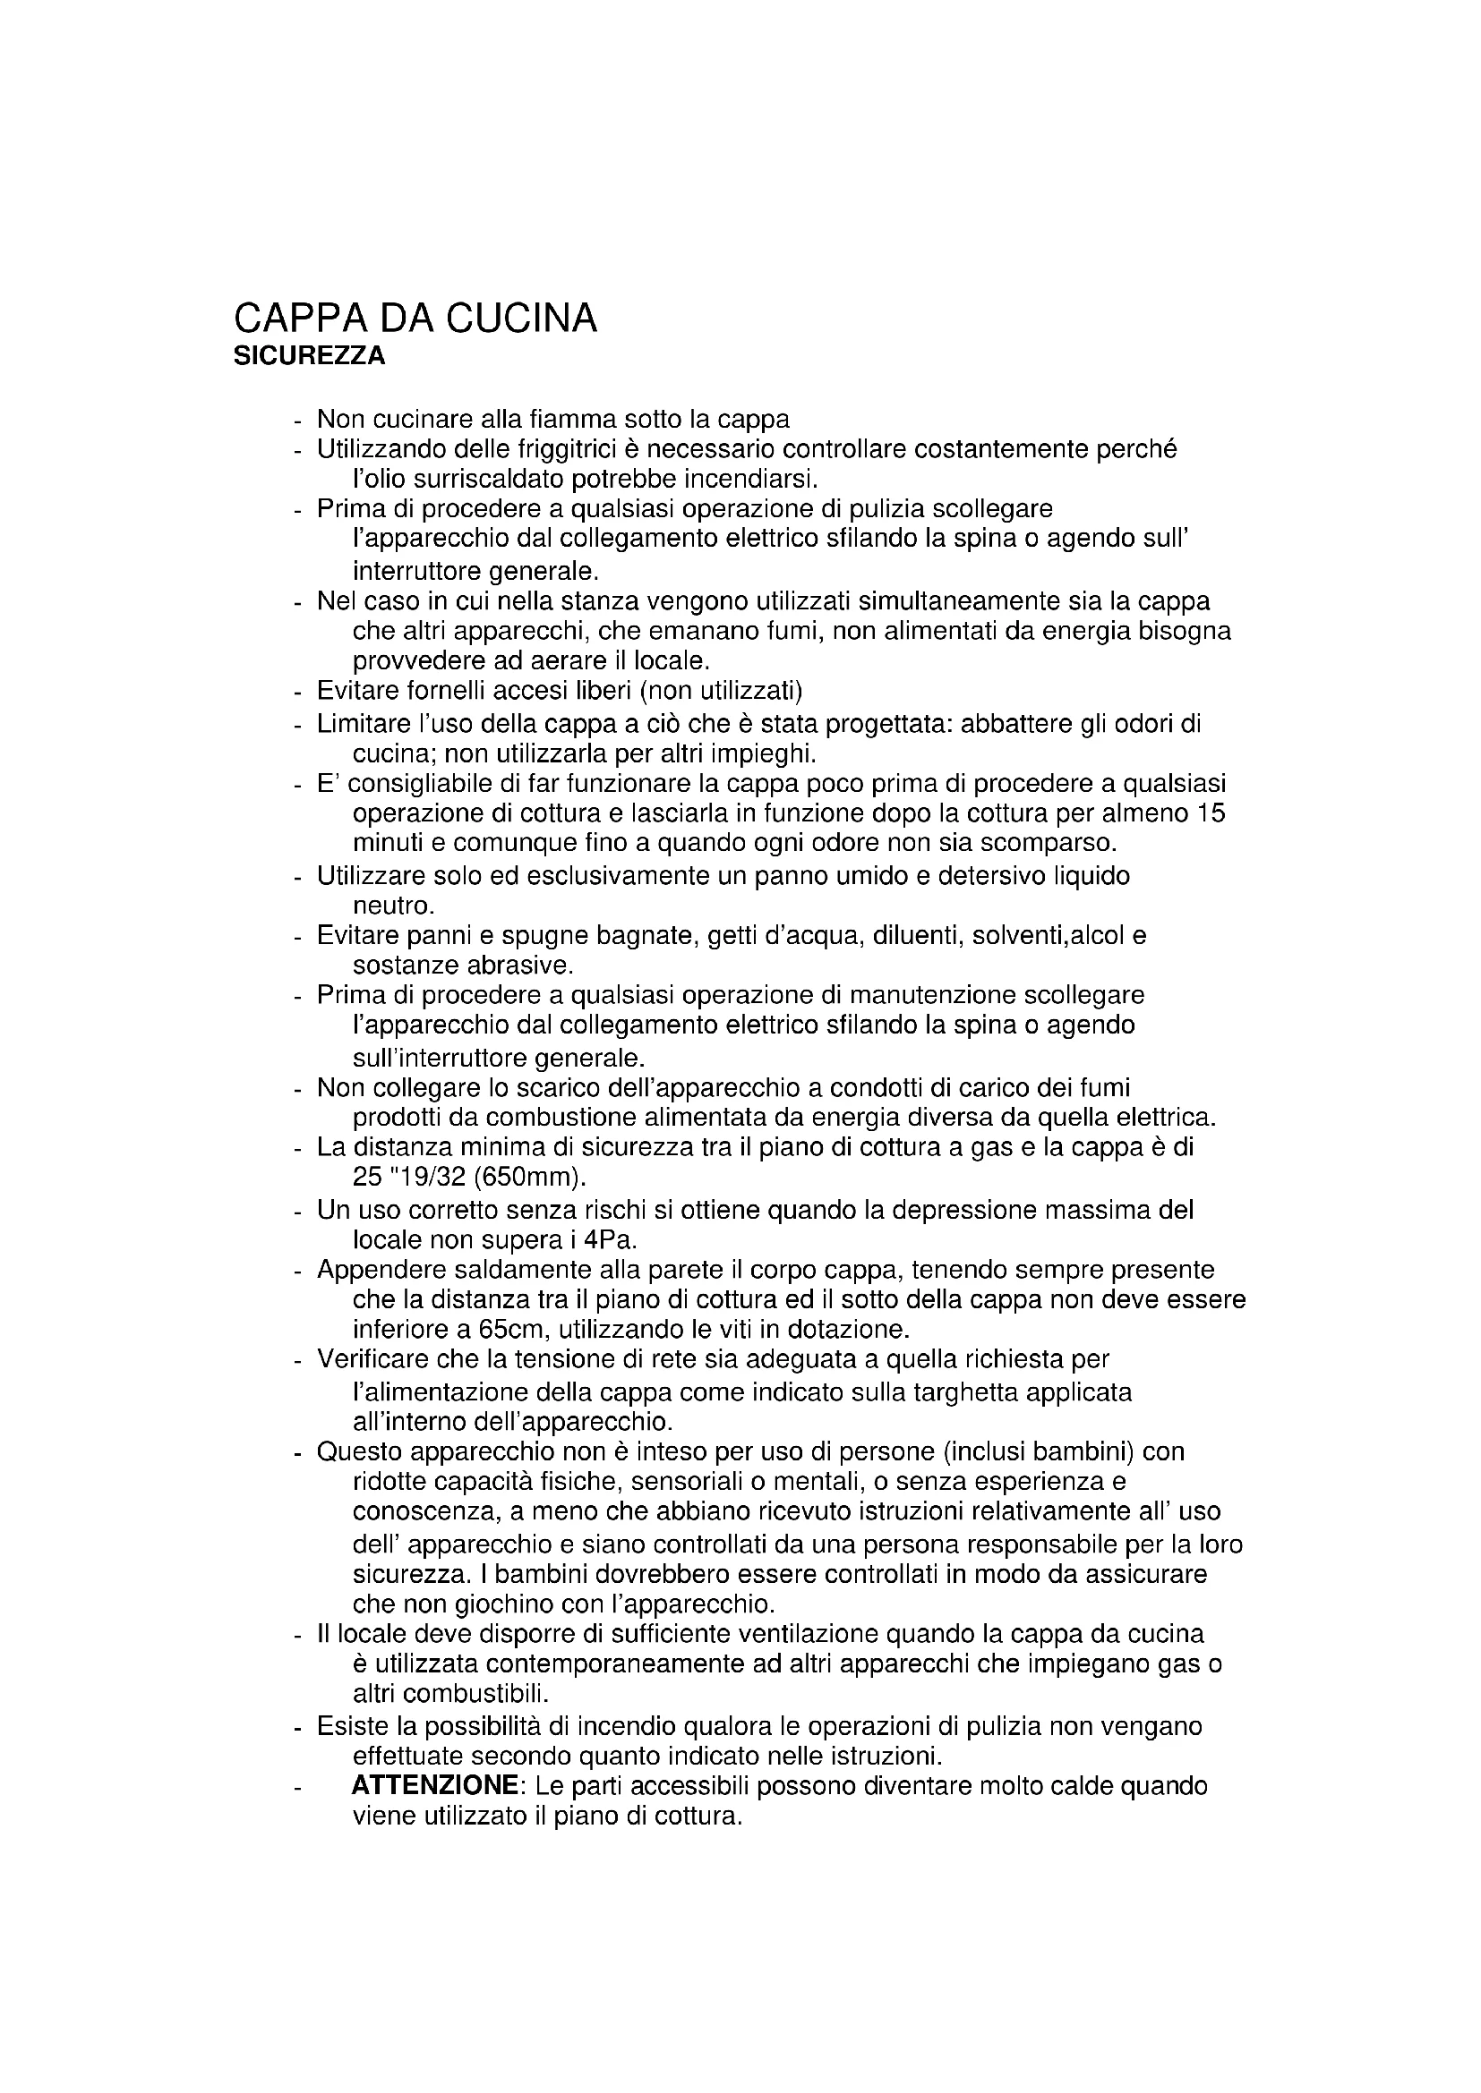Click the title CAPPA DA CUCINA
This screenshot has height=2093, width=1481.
[x=415, y=319]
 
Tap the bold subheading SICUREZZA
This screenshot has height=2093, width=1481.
[x=309, y=357]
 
